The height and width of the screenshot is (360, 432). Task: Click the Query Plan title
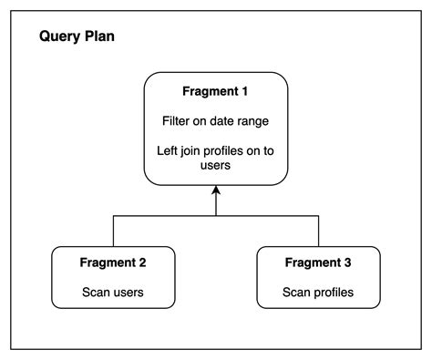pyautogui.click(x=76, y=39)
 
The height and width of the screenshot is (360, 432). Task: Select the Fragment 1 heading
pyautogui.click(x=216, y=93)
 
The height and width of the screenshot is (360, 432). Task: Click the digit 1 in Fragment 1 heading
pyautogui.click(x=248, y=93)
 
